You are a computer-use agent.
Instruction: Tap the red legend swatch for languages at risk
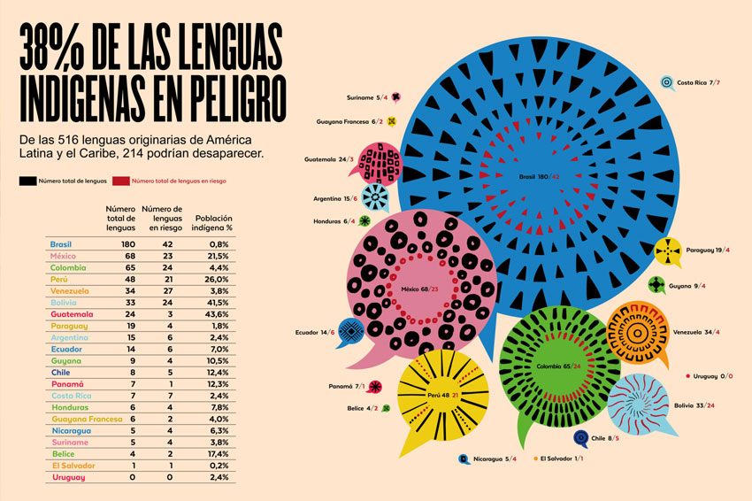(120, 181)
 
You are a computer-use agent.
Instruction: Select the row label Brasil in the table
(61, 243)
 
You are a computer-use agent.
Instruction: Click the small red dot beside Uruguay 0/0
(687, 375)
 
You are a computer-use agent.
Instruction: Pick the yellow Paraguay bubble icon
(668, 251)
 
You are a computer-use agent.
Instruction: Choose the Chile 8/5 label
(610, 437)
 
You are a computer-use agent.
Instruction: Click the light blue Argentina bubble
(374, 197)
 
